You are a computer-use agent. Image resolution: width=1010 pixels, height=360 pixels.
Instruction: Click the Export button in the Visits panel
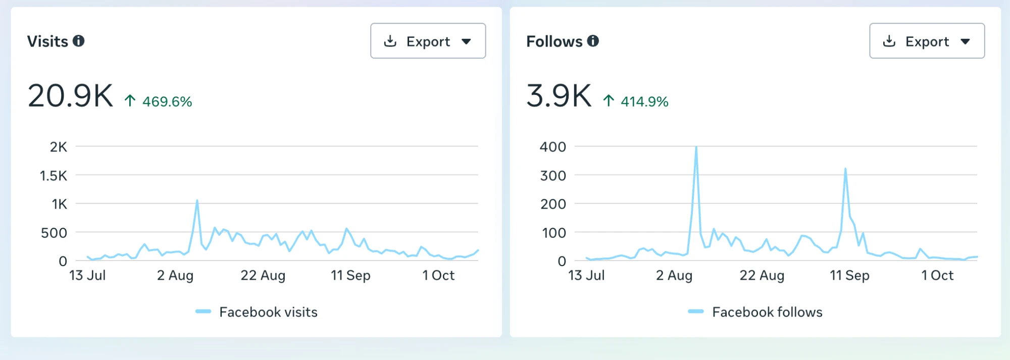pyautogui.click(x=428, y=41)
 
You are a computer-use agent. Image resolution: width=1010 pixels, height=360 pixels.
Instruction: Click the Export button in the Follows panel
pyautogui.click(x=927, y=41)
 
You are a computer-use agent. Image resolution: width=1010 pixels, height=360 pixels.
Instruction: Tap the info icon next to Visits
pyautogui.click(x=78, y=41)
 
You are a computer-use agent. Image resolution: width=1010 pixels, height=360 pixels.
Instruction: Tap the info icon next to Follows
pyautogui.click(x=593, y=41)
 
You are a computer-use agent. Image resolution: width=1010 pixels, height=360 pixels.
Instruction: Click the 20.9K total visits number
pyautogui.click(x=70, y=95)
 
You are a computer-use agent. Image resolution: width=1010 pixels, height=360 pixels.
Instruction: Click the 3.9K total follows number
pyautogui.click(x=559, y=95)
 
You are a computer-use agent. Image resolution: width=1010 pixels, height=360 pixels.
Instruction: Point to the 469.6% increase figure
pyautogui.click(x=167, y=101)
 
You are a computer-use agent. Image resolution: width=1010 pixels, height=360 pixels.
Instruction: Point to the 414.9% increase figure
pyautogui.click(x=644, y=101)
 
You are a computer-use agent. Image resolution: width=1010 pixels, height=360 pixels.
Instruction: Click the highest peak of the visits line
pyautogui.click(x=197, y=200)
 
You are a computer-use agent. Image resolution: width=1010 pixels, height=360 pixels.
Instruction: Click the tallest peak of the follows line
pyautogui.click(x=696, y=147)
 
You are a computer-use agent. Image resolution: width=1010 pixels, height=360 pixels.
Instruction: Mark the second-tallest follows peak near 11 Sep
pyautogui.click(x=845, y=169)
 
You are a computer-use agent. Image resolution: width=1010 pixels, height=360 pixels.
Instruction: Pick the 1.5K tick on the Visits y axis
pyautogui.click(x=54, y=176)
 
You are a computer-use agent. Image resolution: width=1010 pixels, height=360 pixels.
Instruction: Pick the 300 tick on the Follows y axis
pyautogui.click(x=553, y=176)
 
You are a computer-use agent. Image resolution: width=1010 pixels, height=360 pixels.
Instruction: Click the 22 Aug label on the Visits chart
pyautogui.click(x=263, y=275)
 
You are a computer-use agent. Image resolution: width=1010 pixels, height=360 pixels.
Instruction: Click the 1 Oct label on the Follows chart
pyautogui.click(x=937, y=275)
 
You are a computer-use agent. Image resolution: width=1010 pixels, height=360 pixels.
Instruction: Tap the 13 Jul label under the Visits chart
pyautogui.click(x=87, y=275)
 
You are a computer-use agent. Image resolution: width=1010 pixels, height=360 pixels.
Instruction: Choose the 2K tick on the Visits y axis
pyautogui.click(x=59, y=147)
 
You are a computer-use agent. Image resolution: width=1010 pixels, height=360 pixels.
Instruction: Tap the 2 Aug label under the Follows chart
pyautogui.click(x=674, y=275)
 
